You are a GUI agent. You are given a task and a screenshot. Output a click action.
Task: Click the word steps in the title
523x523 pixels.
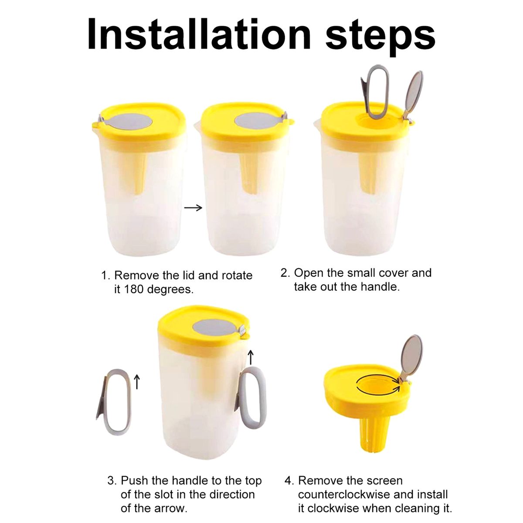380,37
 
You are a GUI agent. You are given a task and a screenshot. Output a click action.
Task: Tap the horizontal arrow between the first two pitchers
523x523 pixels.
193,208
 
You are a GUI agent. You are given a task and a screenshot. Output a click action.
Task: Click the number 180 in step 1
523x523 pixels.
135,289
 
